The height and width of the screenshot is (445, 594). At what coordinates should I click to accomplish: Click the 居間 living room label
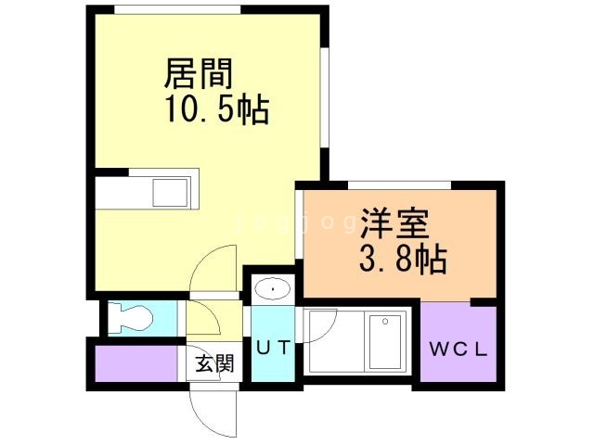point(198,72)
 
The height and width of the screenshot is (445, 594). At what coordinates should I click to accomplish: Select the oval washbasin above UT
point(272,289)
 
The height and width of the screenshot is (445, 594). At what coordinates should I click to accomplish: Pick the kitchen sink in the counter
point(171,194)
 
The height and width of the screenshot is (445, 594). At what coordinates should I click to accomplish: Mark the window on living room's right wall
point(325,93)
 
